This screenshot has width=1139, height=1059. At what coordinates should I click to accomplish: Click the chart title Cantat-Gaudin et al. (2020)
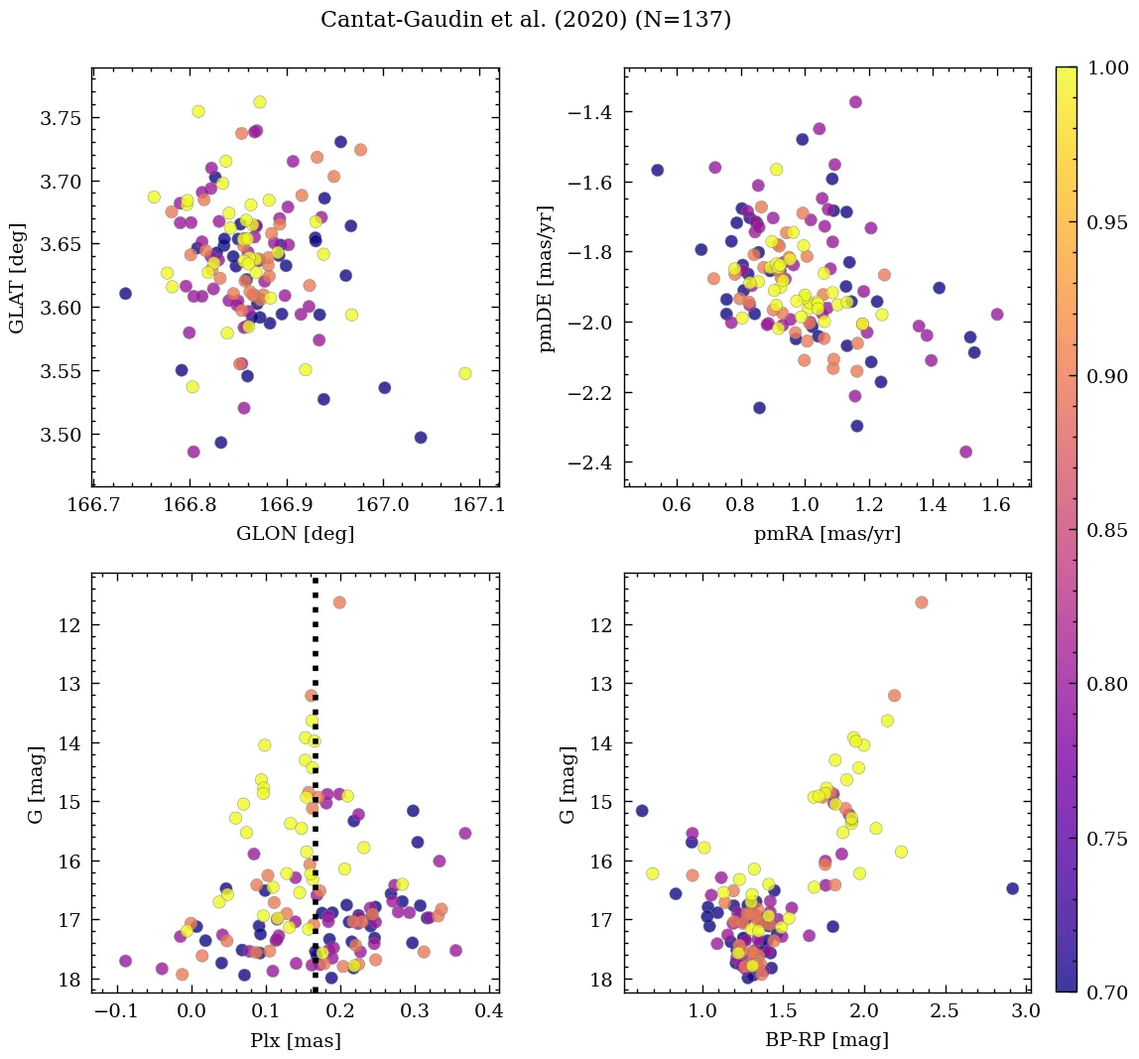[x=525, y=20]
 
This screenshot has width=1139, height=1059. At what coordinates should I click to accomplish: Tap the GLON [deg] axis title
[x=295, y=534]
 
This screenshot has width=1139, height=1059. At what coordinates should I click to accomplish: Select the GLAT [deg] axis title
[x=18, y=277]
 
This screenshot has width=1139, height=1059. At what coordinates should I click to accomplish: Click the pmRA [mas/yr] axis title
[x=827, y=534]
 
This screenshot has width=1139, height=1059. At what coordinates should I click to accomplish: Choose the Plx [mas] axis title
[x=295, y=1041]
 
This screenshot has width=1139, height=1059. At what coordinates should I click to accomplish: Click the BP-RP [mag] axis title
[x=827, y=1040]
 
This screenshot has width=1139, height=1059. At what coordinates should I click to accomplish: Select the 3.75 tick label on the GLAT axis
[x=62, y=118]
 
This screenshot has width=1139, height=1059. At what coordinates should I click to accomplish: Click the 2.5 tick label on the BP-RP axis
[x=946, y=1012]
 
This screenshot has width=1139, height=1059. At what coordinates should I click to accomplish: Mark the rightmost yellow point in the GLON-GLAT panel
[x=464, y=373]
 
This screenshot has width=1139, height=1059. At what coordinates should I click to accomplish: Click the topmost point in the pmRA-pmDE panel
[x=855, y=102]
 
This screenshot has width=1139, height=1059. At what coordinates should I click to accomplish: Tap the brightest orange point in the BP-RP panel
[x=921, y=602]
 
